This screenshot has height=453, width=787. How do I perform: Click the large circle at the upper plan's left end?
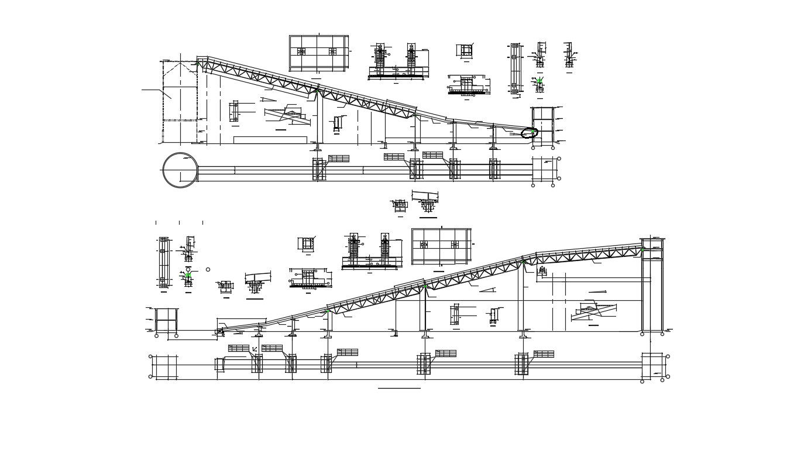180,170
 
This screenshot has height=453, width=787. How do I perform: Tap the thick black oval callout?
529,133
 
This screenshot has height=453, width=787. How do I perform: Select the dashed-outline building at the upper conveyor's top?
180,101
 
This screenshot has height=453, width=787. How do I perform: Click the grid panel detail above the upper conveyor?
318,52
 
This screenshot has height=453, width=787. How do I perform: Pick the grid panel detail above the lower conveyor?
441,246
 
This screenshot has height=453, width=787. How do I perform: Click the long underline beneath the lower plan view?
398,388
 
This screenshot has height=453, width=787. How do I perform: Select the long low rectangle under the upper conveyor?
270,140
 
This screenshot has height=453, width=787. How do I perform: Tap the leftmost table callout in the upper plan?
338,159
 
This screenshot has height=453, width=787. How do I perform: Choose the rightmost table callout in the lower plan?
543,354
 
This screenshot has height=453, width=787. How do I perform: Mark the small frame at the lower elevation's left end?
166,321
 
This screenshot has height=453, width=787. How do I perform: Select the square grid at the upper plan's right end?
543,170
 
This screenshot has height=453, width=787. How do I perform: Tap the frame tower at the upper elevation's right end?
542,126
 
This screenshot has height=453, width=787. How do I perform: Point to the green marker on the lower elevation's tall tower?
642,250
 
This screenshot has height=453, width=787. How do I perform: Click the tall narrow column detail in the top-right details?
514,68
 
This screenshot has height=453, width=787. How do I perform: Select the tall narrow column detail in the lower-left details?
163,262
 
